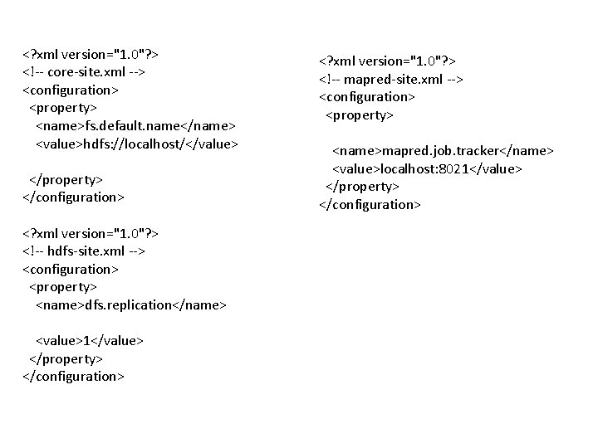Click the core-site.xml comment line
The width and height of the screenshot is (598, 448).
click(x=85, y=72)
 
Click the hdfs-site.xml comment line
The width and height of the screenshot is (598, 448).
click(x=84, y=251)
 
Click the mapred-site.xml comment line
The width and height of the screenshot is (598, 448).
click(x=391, y=79)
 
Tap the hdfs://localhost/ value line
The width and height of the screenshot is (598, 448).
click(x=137, y=144)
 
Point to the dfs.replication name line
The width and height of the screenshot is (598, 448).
click(x=130, y=305)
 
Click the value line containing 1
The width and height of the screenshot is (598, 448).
click(x=90, y=341)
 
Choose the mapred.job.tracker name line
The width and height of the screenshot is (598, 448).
click(x=443, y=151)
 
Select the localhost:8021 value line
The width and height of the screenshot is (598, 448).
click(x=428, y=168)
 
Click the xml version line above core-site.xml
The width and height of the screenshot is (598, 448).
click(x=91, y=54)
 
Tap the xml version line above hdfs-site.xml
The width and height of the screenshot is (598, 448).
click(x=91, y=233)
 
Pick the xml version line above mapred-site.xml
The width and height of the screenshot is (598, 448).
click(x=389, y=61)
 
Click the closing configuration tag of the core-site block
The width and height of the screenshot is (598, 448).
click(x=73, y=197)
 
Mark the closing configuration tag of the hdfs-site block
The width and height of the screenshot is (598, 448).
click(x=73, y=377)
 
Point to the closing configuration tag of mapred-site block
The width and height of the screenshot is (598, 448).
click(x=370, y=204)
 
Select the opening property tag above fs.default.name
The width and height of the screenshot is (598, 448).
click(x=63, y=108)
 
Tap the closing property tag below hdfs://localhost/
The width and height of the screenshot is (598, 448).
click(x=66, y=179)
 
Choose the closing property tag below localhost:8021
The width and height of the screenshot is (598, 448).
click(x=362, y=187)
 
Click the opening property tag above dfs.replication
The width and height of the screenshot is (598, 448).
click(x=63, y=287)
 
